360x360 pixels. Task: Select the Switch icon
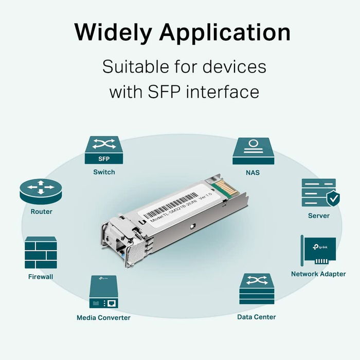[104, 150]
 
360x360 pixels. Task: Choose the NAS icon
[253, 150]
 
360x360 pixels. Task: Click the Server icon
[318, 192]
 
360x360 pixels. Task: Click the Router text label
[41, 211]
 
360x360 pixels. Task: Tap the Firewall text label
[41, 277]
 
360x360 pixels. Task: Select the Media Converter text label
[103, 318]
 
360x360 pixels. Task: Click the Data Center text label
[256, 317]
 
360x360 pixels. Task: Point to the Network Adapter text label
[318, 274]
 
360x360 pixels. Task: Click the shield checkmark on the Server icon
[333, 197]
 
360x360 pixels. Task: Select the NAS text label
[253, 172]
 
